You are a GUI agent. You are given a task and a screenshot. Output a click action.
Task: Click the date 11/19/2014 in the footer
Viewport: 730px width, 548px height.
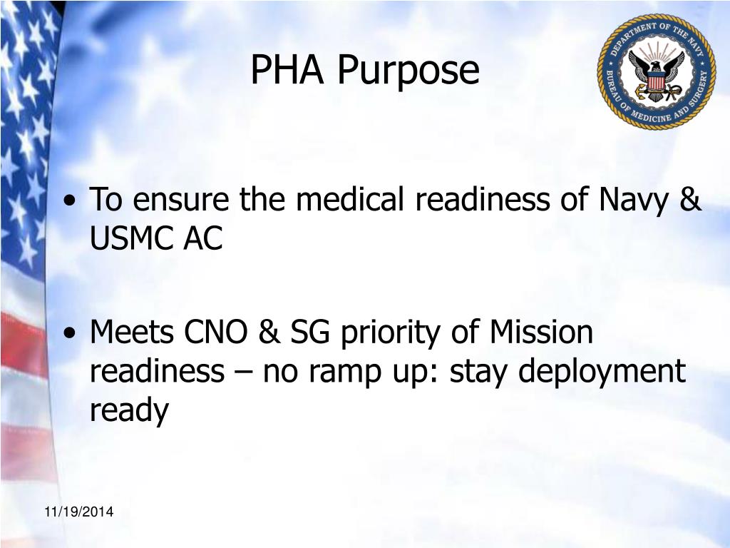pyautogui.click(x=78, y=512)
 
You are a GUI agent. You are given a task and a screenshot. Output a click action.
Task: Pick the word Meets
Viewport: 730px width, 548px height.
pyautogui.click(x=133, y=333)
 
